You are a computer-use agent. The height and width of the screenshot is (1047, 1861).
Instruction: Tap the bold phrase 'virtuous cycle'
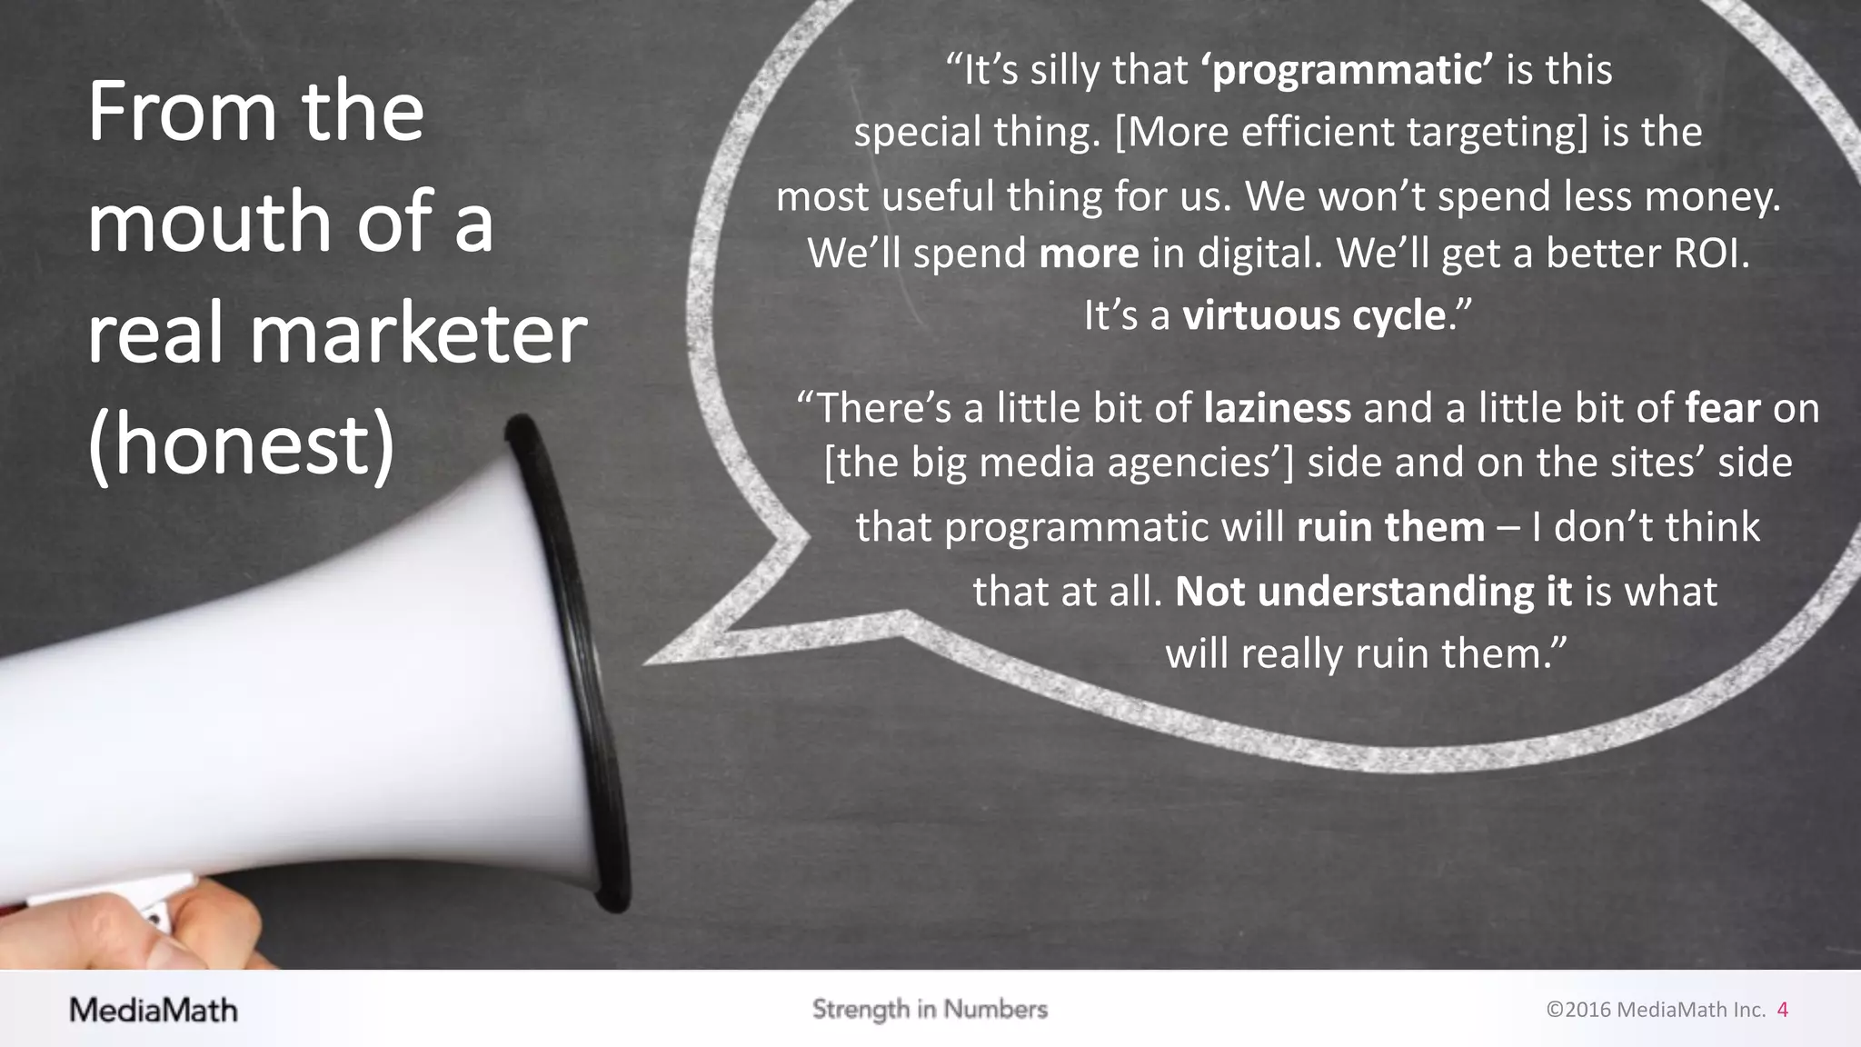point(1313,316)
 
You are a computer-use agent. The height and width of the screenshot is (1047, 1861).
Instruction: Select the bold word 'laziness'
point(1277,408)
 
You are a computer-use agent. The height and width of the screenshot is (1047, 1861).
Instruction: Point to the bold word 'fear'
point(1722,408)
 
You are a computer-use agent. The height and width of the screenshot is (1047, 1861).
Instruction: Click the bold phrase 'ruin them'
point(1390,527)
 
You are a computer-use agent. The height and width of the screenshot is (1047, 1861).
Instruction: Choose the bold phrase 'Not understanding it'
point(1373,592)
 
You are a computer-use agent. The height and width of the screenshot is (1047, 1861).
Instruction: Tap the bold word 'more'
point(1089,254)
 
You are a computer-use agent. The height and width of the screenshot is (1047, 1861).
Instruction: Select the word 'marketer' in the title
point(418,334)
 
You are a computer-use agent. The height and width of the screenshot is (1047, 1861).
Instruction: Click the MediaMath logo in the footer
point(154,1010)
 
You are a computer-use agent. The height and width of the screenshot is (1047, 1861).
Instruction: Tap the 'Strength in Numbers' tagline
point(930,1009)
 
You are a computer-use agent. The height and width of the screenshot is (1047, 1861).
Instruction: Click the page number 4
point(1782,1010)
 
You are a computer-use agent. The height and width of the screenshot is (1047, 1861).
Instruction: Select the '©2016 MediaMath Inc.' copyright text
point(1656,1010)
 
